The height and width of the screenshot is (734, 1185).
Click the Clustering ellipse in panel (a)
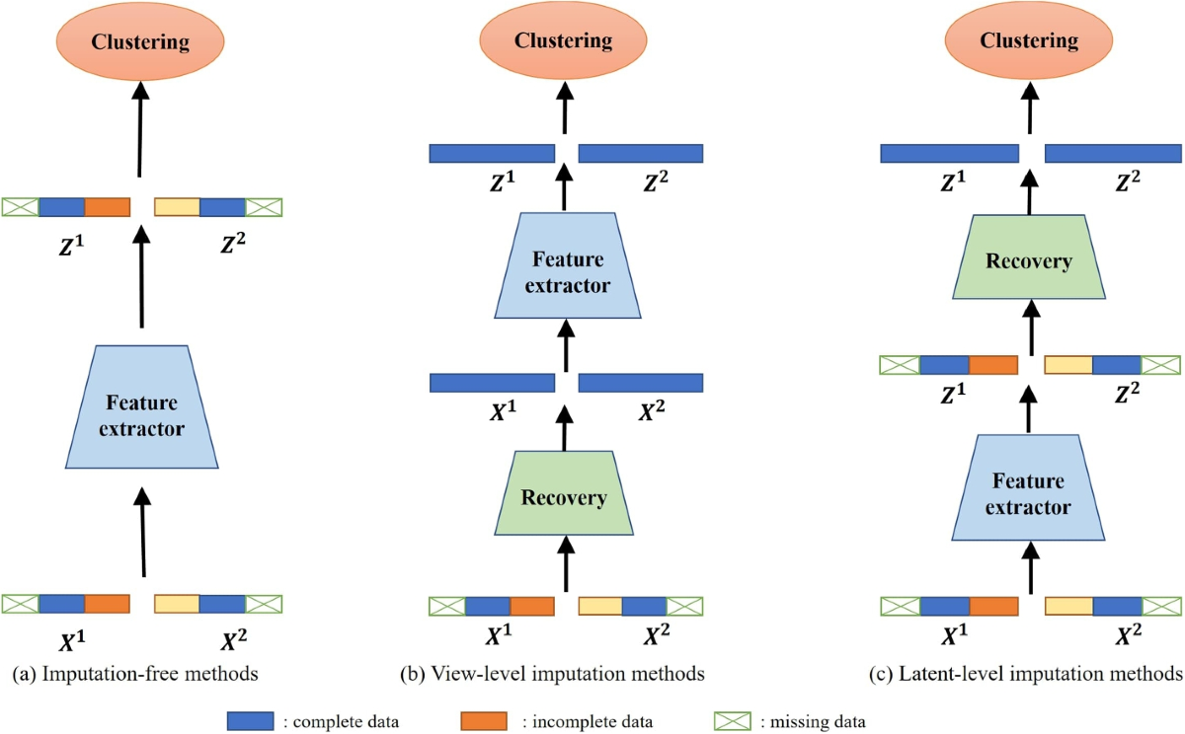[x=140, y=41]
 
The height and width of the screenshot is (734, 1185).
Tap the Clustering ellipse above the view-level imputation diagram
[x=564, y=40]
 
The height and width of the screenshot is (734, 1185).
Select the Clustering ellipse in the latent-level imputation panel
[x=1029, y=40]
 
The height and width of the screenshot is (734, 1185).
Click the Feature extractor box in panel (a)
[x=142, y=406]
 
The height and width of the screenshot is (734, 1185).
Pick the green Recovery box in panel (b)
[x=564, y=492]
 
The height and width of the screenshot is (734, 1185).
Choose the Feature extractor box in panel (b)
[x=568, y=265]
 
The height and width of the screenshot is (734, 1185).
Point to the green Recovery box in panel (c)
[x=1029, y=257]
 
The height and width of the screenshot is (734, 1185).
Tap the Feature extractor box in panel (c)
[x=1028, y=487]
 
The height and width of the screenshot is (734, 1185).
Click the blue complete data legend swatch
[x=250, y=721]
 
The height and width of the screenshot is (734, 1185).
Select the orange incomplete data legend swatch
[x=484, y=721]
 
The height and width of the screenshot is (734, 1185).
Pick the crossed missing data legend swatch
[x=732, y=721]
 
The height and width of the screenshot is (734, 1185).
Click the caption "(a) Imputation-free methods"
[x=135, y=674]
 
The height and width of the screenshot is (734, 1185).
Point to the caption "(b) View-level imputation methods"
[x=552, y=674]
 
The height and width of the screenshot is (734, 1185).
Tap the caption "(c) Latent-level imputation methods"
[x=1026, y=674]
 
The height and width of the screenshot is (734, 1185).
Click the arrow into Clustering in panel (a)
[x=140, y=129]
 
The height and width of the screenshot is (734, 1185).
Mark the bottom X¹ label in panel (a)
[x=72, y=640]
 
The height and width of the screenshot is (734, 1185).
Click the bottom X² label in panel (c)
[x=1128, y=634]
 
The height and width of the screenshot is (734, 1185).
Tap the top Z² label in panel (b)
[x=656, y=182]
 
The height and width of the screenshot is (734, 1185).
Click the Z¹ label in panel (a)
[x=71, y=246]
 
